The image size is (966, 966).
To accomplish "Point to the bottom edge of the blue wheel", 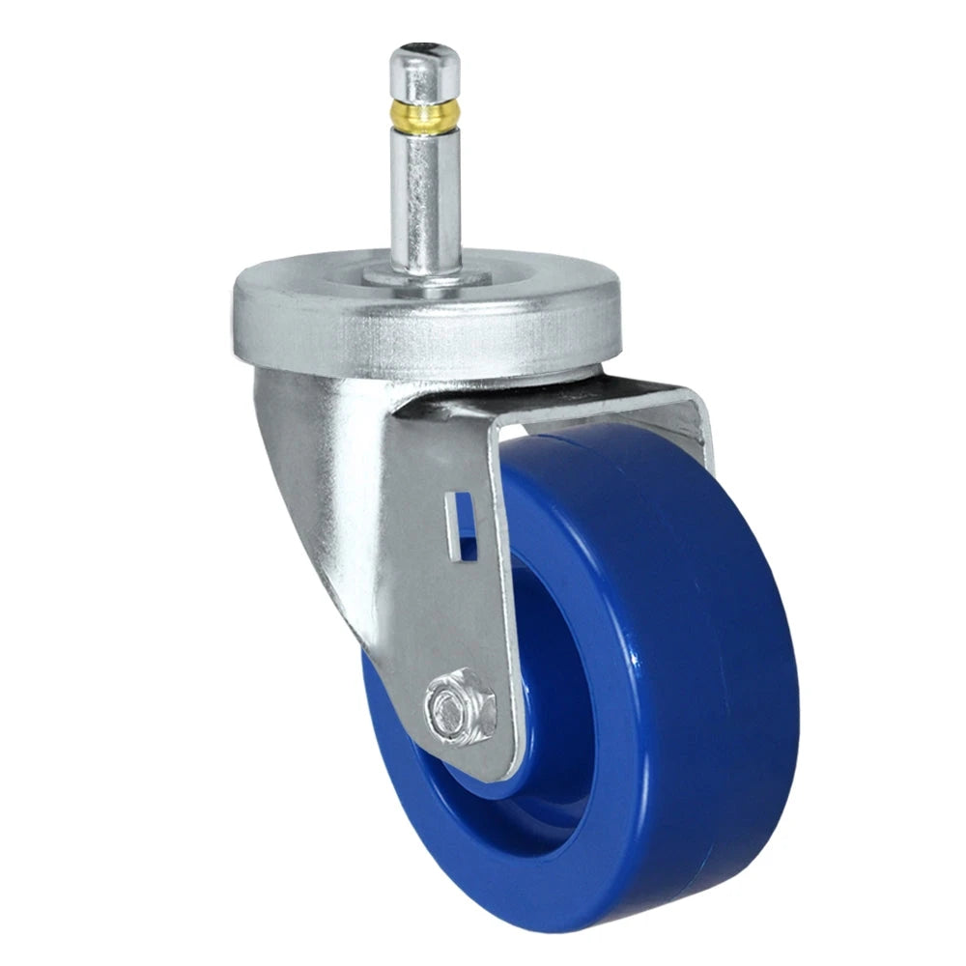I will pos(580,923).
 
